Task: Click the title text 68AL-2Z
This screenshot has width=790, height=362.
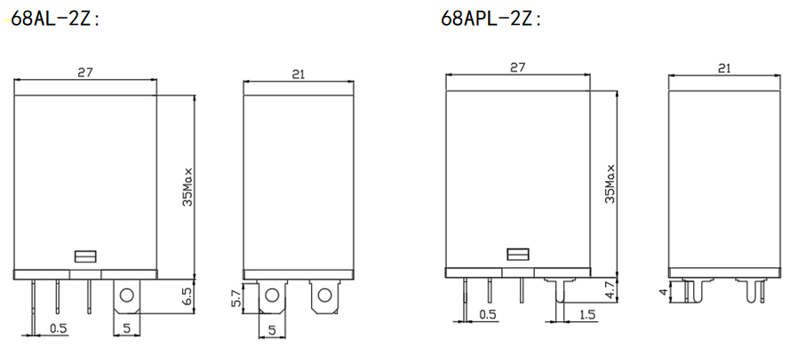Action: (55, 20)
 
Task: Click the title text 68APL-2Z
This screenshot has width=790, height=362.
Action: (491, 20)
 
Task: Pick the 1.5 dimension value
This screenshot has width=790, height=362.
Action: (587, 315)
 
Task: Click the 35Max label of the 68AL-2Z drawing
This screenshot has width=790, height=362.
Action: (187, 186)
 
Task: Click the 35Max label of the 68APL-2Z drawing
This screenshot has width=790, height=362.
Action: (610, 184)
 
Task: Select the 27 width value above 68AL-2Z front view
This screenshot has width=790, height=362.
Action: (85, 73)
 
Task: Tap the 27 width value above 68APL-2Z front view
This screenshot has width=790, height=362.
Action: (517, 67)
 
